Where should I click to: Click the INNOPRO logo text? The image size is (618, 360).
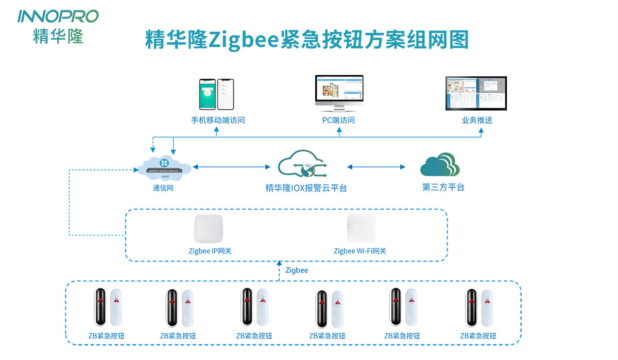(58, 16)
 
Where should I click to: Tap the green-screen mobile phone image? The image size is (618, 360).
(207, 94)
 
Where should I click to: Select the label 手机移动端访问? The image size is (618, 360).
(217, 121)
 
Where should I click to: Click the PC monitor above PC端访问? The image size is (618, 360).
(339, 91)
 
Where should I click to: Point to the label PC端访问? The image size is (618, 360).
(339, 121)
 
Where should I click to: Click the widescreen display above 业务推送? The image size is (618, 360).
(476, 93)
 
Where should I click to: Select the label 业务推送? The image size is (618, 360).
(477, 121)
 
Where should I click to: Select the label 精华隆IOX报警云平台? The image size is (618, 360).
(306, 187)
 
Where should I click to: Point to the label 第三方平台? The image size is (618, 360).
(443, 187)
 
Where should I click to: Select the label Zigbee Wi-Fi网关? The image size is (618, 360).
(359, 251)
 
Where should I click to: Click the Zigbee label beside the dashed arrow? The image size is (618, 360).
(297, 270)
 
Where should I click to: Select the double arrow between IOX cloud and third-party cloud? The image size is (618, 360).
(376, 167)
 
